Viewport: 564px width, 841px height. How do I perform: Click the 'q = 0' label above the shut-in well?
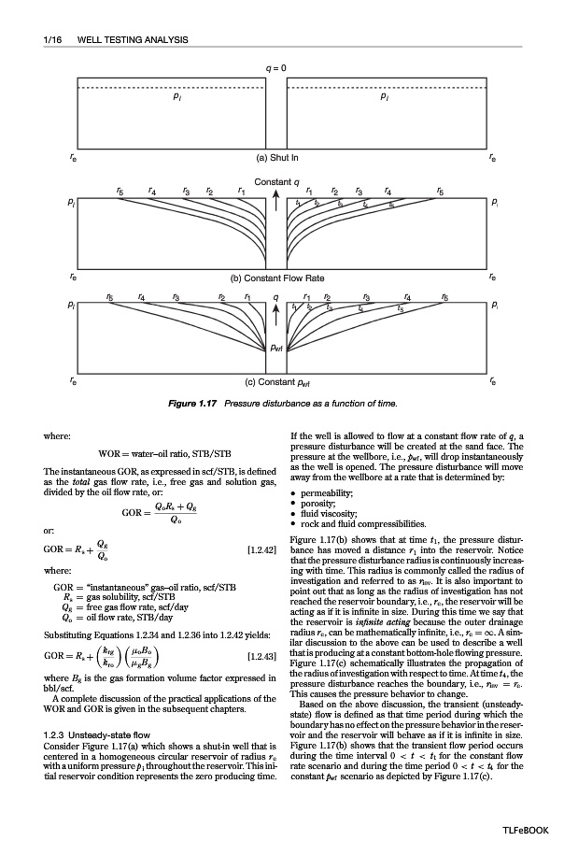tap(276, 69)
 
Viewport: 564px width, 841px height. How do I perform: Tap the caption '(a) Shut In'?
tap(277, 158)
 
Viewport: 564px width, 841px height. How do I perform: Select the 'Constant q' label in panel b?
tap(276, 179)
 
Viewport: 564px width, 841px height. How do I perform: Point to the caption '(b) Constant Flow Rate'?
tap(277, 278)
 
